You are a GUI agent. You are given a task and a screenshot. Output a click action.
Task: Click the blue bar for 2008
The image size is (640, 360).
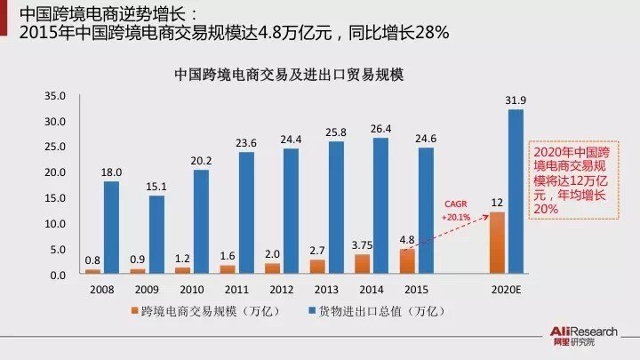tap(111, 228)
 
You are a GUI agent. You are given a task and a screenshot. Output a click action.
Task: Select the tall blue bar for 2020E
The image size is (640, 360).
tap(516, 192)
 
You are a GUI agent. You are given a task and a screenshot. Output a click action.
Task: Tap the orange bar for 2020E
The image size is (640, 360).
tap(497, 244)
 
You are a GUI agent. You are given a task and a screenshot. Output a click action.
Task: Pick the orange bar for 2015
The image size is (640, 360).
tap(407, 262)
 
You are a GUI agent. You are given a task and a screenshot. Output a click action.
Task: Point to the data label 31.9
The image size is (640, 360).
tap(516, 100)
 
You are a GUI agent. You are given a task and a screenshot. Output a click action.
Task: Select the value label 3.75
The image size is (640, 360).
tap(361, 244)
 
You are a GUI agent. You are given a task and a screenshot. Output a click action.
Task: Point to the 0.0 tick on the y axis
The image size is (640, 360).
tap(58, 276)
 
